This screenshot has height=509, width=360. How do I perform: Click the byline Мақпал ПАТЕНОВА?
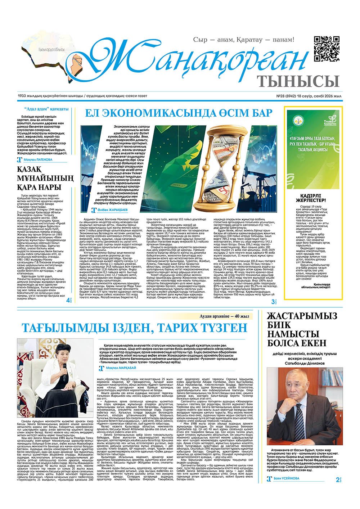[x=37, y=159]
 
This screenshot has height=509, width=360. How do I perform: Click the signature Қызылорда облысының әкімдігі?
[x=321, y=287]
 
